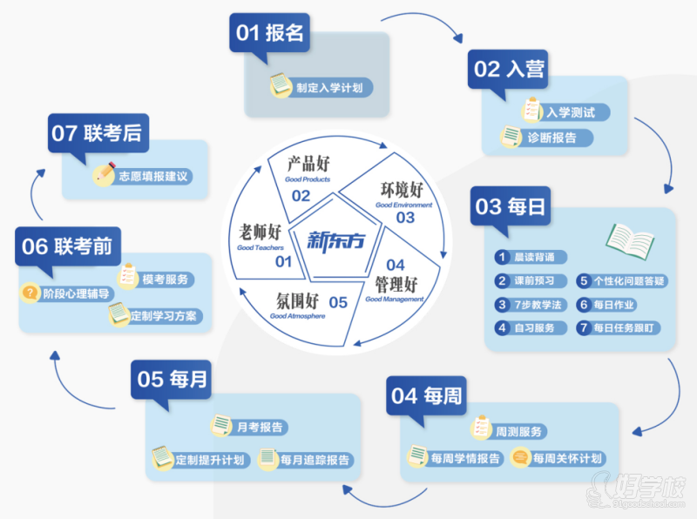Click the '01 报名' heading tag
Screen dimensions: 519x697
click(270, 33)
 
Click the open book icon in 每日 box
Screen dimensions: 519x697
click(632, 238)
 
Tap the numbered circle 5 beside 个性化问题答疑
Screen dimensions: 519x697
click(584, 281)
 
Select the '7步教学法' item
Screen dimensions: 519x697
click(540, 305)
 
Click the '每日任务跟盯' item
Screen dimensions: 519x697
click(626, 328)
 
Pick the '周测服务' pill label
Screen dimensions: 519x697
click(518, 432)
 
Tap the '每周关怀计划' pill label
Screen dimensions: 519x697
click(567, 458)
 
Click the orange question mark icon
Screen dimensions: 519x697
click(30, 293)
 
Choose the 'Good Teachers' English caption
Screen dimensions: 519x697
click(261, 248)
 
